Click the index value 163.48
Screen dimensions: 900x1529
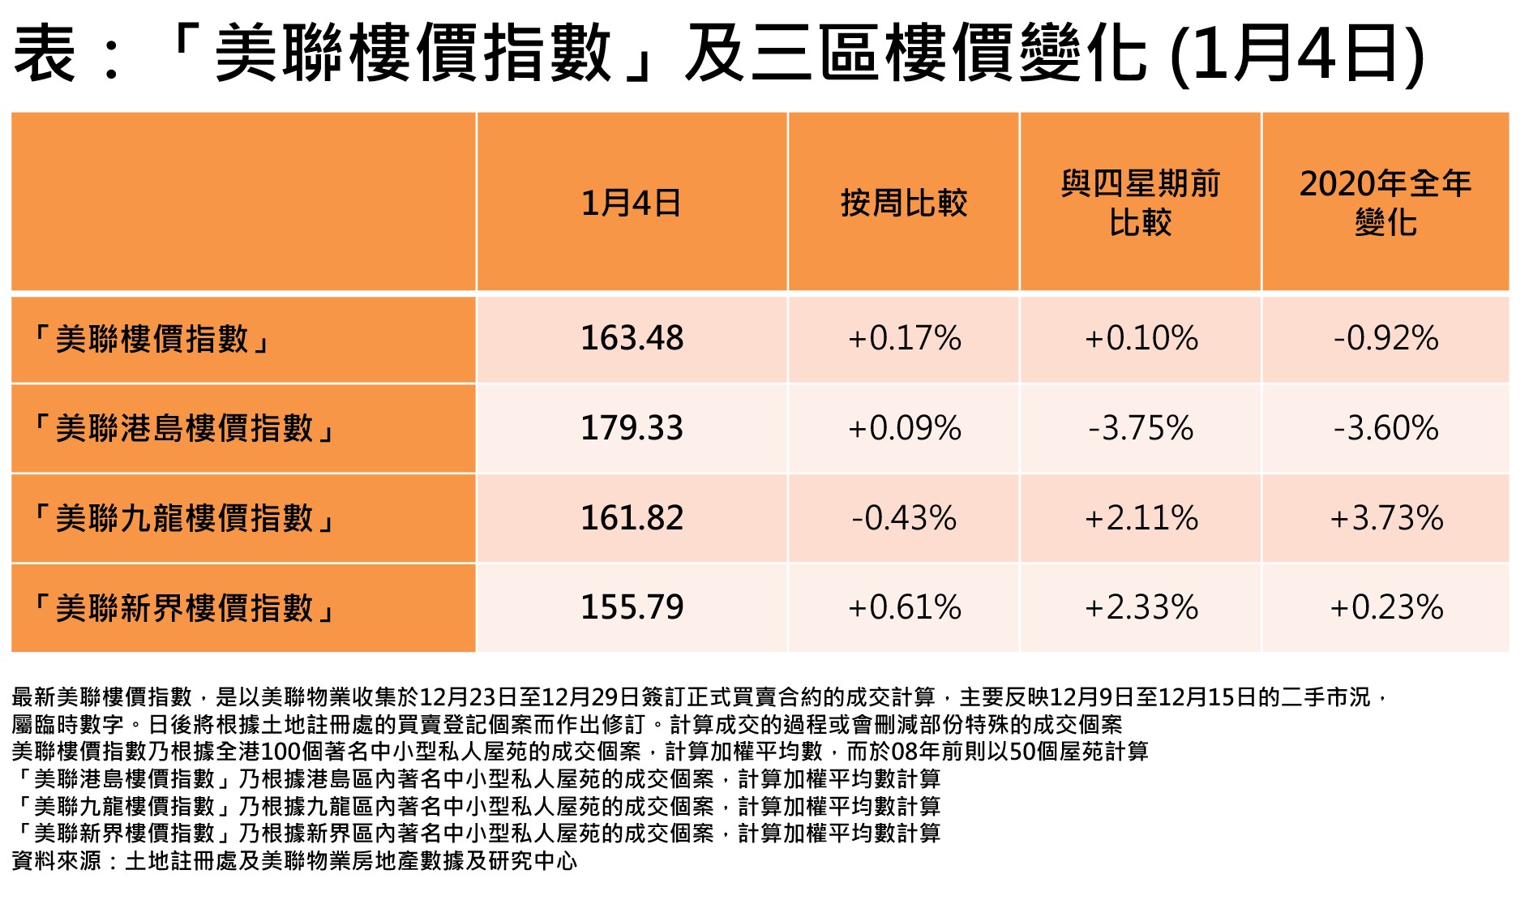click(632, 338)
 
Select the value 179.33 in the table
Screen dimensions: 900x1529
click(632, 428)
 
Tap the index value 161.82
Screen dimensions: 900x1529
click(632, 518)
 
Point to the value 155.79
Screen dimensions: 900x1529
click(632, 607)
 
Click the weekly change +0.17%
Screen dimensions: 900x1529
click(904, 338)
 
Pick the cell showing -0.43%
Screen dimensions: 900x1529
click(904, 518)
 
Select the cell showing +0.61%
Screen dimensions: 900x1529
click(904, 607)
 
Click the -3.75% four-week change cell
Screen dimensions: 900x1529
click(1141, 428)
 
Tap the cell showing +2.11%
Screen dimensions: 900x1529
click(1141, 518)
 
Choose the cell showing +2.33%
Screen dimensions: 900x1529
click(1141, 607)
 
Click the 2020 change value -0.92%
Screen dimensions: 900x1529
click(1386, 338)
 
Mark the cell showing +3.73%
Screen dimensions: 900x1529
click(1386, 518)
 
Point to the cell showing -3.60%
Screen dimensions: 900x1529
click(1386, 428)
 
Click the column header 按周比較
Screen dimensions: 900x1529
click(904, 203)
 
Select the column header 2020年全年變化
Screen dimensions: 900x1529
click(1386, 203)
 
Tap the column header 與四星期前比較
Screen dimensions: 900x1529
click(1141, 203)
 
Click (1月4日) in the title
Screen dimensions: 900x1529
click(1296, 55)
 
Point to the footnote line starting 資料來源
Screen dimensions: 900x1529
click(294, 860)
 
